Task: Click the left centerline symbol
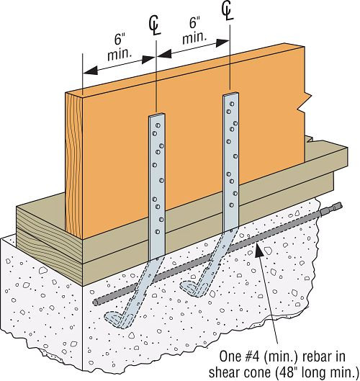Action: click(x=155, y=26)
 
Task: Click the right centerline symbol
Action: click(x=228, y=12)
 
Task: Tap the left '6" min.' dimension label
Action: click(x=120, y=48)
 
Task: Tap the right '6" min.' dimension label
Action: click(x=194, y=31)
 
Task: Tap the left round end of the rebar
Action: click(x=96, y=302)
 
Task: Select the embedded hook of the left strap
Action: click(x=117, y=320)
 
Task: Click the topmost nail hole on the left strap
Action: click(x=158, y=125)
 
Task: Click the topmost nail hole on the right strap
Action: click(x=232, y=104)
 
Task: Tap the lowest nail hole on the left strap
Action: click(x=158, y=232)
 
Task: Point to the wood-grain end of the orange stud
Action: click(x=74, y=166)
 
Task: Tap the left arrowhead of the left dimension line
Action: click(x=91, y=71)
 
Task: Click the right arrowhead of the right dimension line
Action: click(x=222, y=42)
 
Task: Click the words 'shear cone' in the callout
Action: click(x=241, y=372)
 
